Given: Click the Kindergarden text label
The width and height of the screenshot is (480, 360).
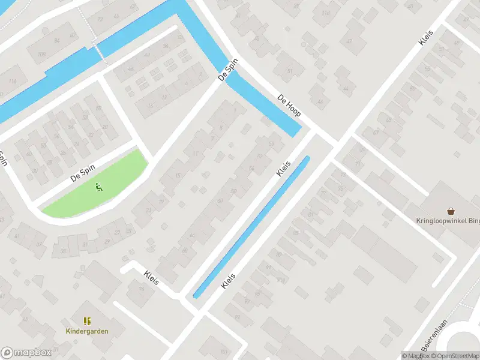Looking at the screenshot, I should coord(87,330).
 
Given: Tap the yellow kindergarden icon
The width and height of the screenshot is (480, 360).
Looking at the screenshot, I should coord(87,320).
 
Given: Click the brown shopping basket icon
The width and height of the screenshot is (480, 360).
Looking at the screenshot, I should coord(451,211).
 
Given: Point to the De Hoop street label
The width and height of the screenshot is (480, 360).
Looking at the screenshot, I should coord(289,105).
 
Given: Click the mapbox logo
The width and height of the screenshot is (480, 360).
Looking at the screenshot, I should coord(26,352).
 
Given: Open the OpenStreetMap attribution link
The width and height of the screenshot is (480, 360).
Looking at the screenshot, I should coord(457,356).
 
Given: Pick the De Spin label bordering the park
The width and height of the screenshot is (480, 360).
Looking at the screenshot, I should coord(83,174).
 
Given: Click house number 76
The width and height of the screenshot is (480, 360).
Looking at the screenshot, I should coord(142,289).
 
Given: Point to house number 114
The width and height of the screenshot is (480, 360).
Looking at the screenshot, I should coord(12,82).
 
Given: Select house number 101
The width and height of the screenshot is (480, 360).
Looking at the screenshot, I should coord(224,352).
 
